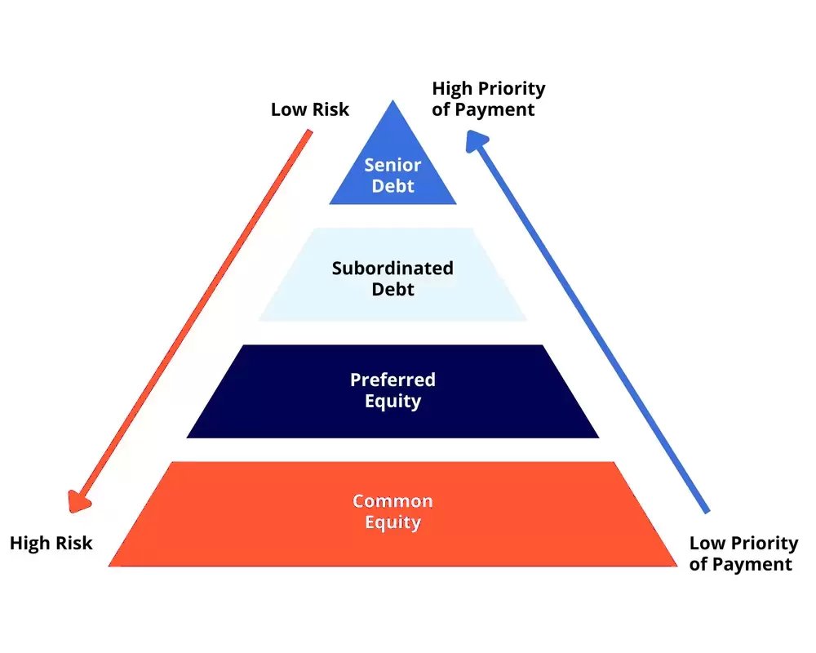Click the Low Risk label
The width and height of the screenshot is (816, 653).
coord(309,109)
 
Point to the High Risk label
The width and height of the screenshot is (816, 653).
coord(51,543)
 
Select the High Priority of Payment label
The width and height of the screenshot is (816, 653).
coord(488,99)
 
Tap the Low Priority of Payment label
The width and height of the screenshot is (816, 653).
coord(743,553)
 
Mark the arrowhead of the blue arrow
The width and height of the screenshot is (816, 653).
coord(476,140)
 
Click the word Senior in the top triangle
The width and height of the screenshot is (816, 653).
coord(392,165)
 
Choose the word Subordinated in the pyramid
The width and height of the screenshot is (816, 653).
coord(392,268)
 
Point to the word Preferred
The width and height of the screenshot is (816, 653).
coord(392,380)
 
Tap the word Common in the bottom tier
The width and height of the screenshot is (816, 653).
coord(392,500)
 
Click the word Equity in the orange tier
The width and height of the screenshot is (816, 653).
coord(392,522)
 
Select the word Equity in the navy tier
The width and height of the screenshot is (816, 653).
coord(392,401)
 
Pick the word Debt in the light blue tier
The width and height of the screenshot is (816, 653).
coord(392,289)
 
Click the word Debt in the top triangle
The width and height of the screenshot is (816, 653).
coord(392,186)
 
